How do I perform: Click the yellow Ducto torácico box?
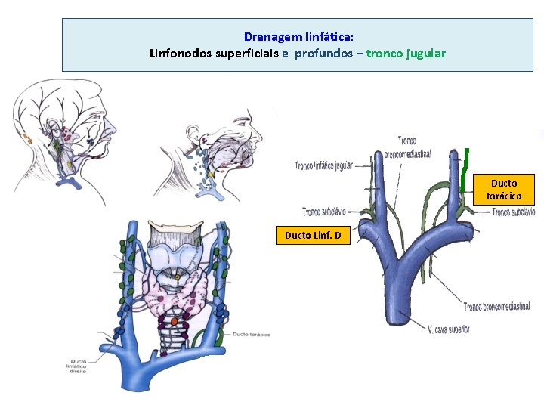tap(504, 189)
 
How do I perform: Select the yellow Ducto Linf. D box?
tap(313, 236)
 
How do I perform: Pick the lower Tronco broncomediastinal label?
tap(496, 307)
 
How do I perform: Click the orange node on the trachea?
tap(174, 321)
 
